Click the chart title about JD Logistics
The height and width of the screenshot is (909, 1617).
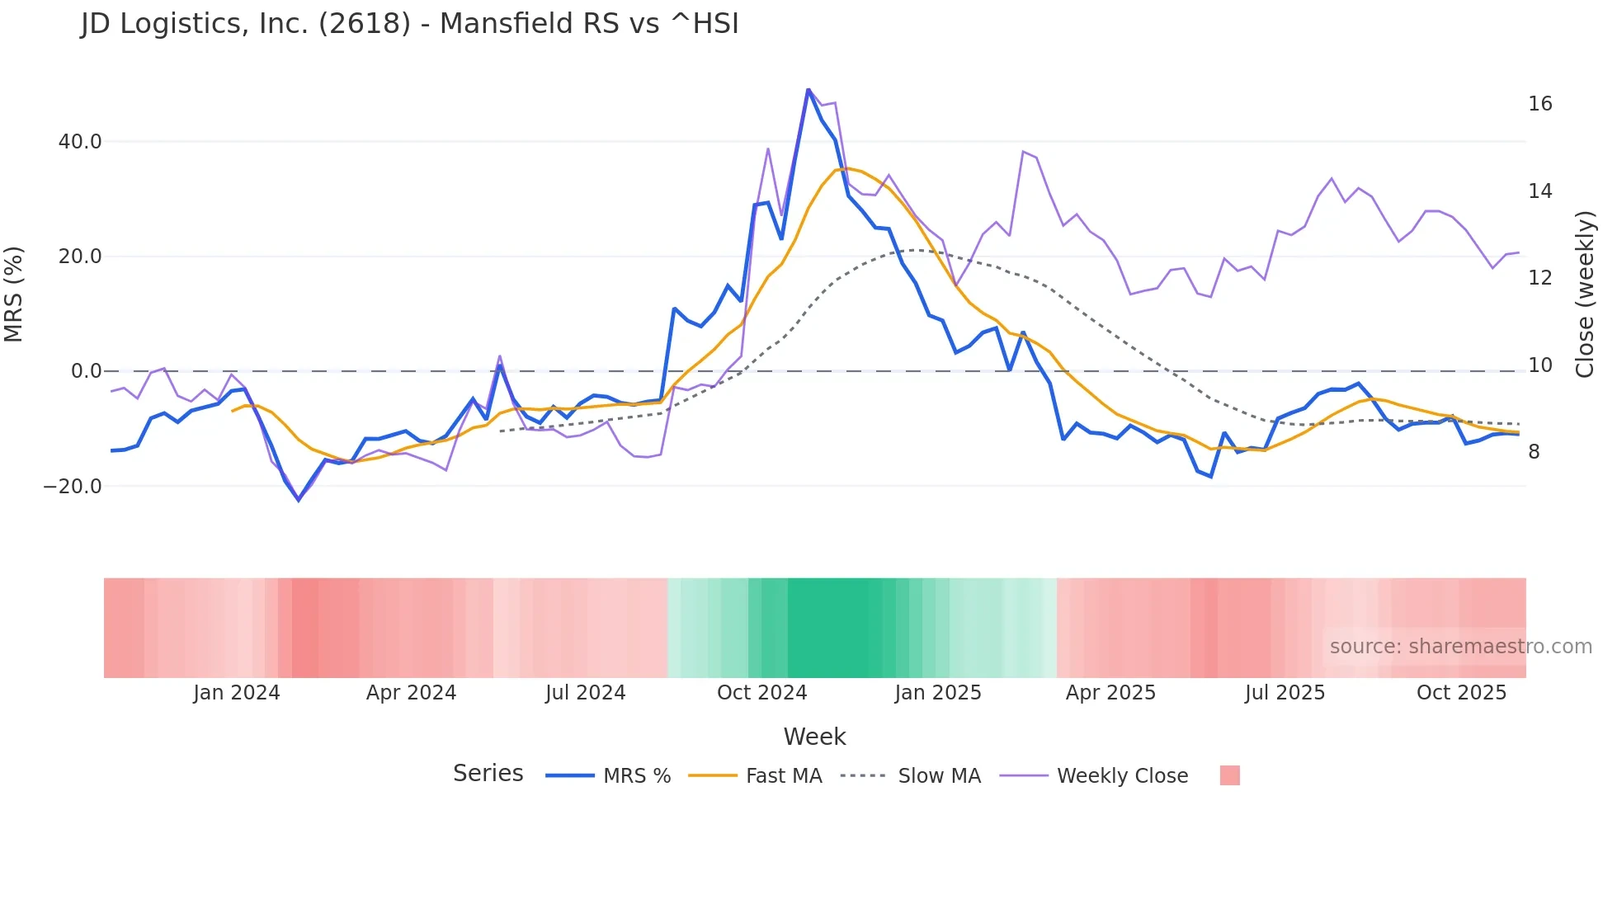pyautogui.click(x=410, y=24)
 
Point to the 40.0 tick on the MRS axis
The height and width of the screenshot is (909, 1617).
pyautogui.click(x=80, y=142)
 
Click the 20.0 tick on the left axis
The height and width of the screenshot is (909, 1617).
pyautogui.click(x=80, y=257)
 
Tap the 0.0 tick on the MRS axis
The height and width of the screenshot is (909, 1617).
pyautogui.click(x=87, y=371)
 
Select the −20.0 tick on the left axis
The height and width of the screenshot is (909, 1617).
pyautogui.click(x=73, y=487)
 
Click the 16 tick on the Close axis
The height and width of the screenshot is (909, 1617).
pyautogui.click(x=1539, y=104)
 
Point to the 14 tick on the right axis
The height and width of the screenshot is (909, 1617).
pyautogui.click(x=1539, y=191)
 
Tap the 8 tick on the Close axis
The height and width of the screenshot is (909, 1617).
pyautogui.click(x=1534, y=452)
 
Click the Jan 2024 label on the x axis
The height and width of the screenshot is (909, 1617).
pyautogui.click(x=237, y=693)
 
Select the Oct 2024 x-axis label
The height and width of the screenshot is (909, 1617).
pyautogui.click(x=761, y=693)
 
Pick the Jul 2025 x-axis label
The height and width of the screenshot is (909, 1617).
pyautogui.click(x=1285, y=693)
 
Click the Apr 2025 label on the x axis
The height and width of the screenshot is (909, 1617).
pyautogui.click(x=1110, y=693)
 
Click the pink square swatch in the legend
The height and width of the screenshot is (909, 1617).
pyautogui.click(x=1229, y=775)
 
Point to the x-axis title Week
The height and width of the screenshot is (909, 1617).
pyautogui.click(x=814, y=737)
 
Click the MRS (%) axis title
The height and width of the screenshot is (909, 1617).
pyautogui.click(x=14, y=294)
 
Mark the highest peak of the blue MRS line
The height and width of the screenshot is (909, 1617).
pyautogui.click(x=808, y=89)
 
